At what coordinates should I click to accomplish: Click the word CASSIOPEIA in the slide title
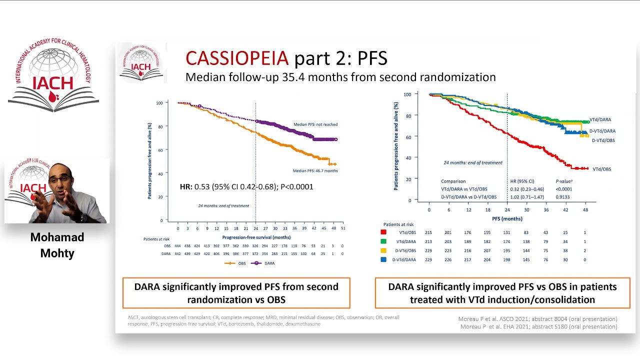(237, 58)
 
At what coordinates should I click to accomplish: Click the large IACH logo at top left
(53, 76)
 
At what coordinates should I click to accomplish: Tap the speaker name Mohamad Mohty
(57, 245)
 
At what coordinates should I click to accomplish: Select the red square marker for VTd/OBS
(383, 232)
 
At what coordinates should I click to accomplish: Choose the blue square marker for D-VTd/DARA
(383, 259)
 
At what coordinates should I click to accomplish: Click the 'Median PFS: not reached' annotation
(315, 124)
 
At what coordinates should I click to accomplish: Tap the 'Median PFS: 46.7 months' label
(315, 171)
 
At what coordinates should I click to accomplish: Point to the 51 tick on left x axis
(342, 228)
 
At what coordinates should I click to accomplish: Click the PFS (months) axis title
(507, 218)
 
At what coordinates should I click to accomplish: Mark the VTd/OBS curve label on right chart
(601, 169)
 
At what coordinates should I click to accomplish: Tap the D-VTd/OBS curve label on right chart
(603, 140)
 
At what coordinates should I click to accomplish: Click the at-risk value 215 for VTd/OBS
(428, 232)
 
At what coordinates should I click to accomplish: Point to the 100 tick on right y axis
(407, 94)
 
